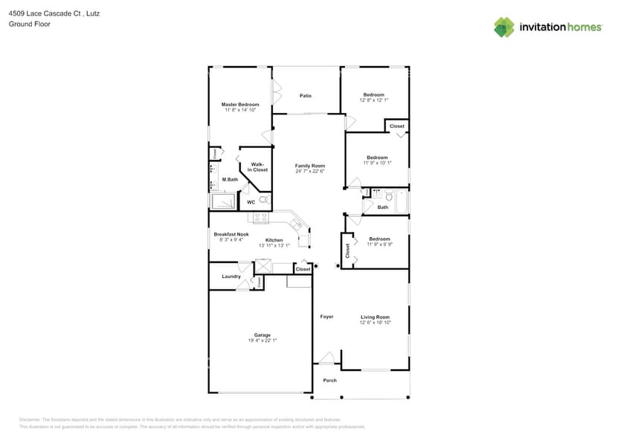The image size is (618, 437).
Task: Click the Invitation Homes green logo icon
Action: pyautogui.click(x=504, y=27)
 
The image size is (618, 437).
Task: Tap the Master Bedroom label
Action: pyautogui.click(x=240, y=104)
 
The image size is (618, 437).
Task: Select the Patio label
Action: pyautogui.click(x=306, y=96)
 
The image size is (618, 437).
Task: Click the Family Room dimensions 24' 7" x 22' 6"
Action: pyautogui.click(x=310, y=171)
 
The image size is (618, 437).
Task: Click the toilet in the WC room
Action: pyautogui.click(x=263, y=200)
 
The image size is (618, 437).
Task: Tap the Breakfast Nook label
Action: pyautogui.click(x=231, y=234)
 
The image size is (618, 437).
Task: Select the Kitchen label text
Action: pyautogui.click(x=274, y=240)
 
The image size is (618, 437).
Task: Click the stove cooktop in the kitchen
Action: pyautogui.click(x=261, y=218)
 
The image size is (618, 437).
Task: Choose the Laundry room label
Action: pyautogui.click(x=231, y=276)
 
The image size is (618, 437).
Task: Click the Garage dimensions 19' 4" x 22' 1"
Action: pyautogui.click(x=263, y=340)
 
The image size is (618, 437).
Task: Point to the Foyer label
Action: pyautogui.click(x=326, y=317)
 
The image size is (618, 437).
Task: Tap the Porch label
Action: pyautogui.click(x=329, y=381)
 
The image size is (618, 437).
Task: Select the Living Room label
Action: pyautogui.click(x=375, y=317)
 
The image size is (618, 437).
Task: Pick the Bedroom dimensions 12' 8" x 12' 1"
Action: pyautogui.click(x=374, y=100)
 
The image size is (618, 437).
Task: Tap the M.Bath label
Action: pyautogui.click(x=230, y=179)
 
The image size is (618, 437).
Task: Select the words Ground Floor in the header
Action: pyautogui.click(x=25, y=24)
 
